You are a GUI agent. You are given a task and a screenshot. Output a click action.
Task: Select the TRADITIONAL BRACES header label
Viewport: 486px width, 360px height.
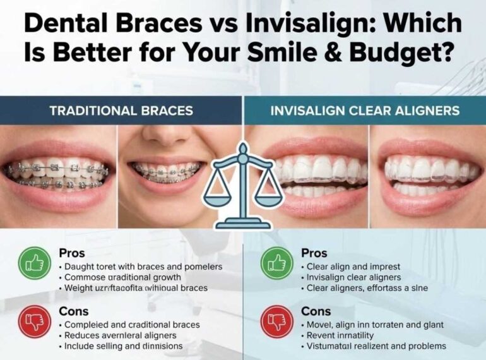pyautogui.click(x=121, y=111)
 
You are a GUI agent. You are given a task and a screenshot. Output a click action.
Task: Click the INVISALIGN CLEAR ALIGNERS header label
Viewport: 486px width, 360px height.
pyautogui.click(x=364, y=111)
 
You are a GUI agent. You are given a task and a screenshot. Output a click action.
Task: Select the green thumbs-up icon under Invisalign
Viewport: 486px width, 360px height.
pyautogui.click(x=276, y=263)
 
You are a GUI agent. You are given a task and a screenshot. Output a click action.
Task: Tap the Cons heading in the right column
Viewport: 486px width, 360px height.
pyautogui.click(x=316, y=311)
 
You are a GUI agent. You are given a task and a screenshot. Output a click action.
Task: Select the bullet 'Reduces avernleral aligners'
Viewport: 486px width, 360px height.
pyautogui.click(x=120, y=335)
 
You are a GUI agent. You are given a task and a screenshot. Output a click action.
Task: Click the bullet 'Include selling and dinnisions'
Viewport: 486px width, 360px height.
pyautogui.click(x=123, y=346)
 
